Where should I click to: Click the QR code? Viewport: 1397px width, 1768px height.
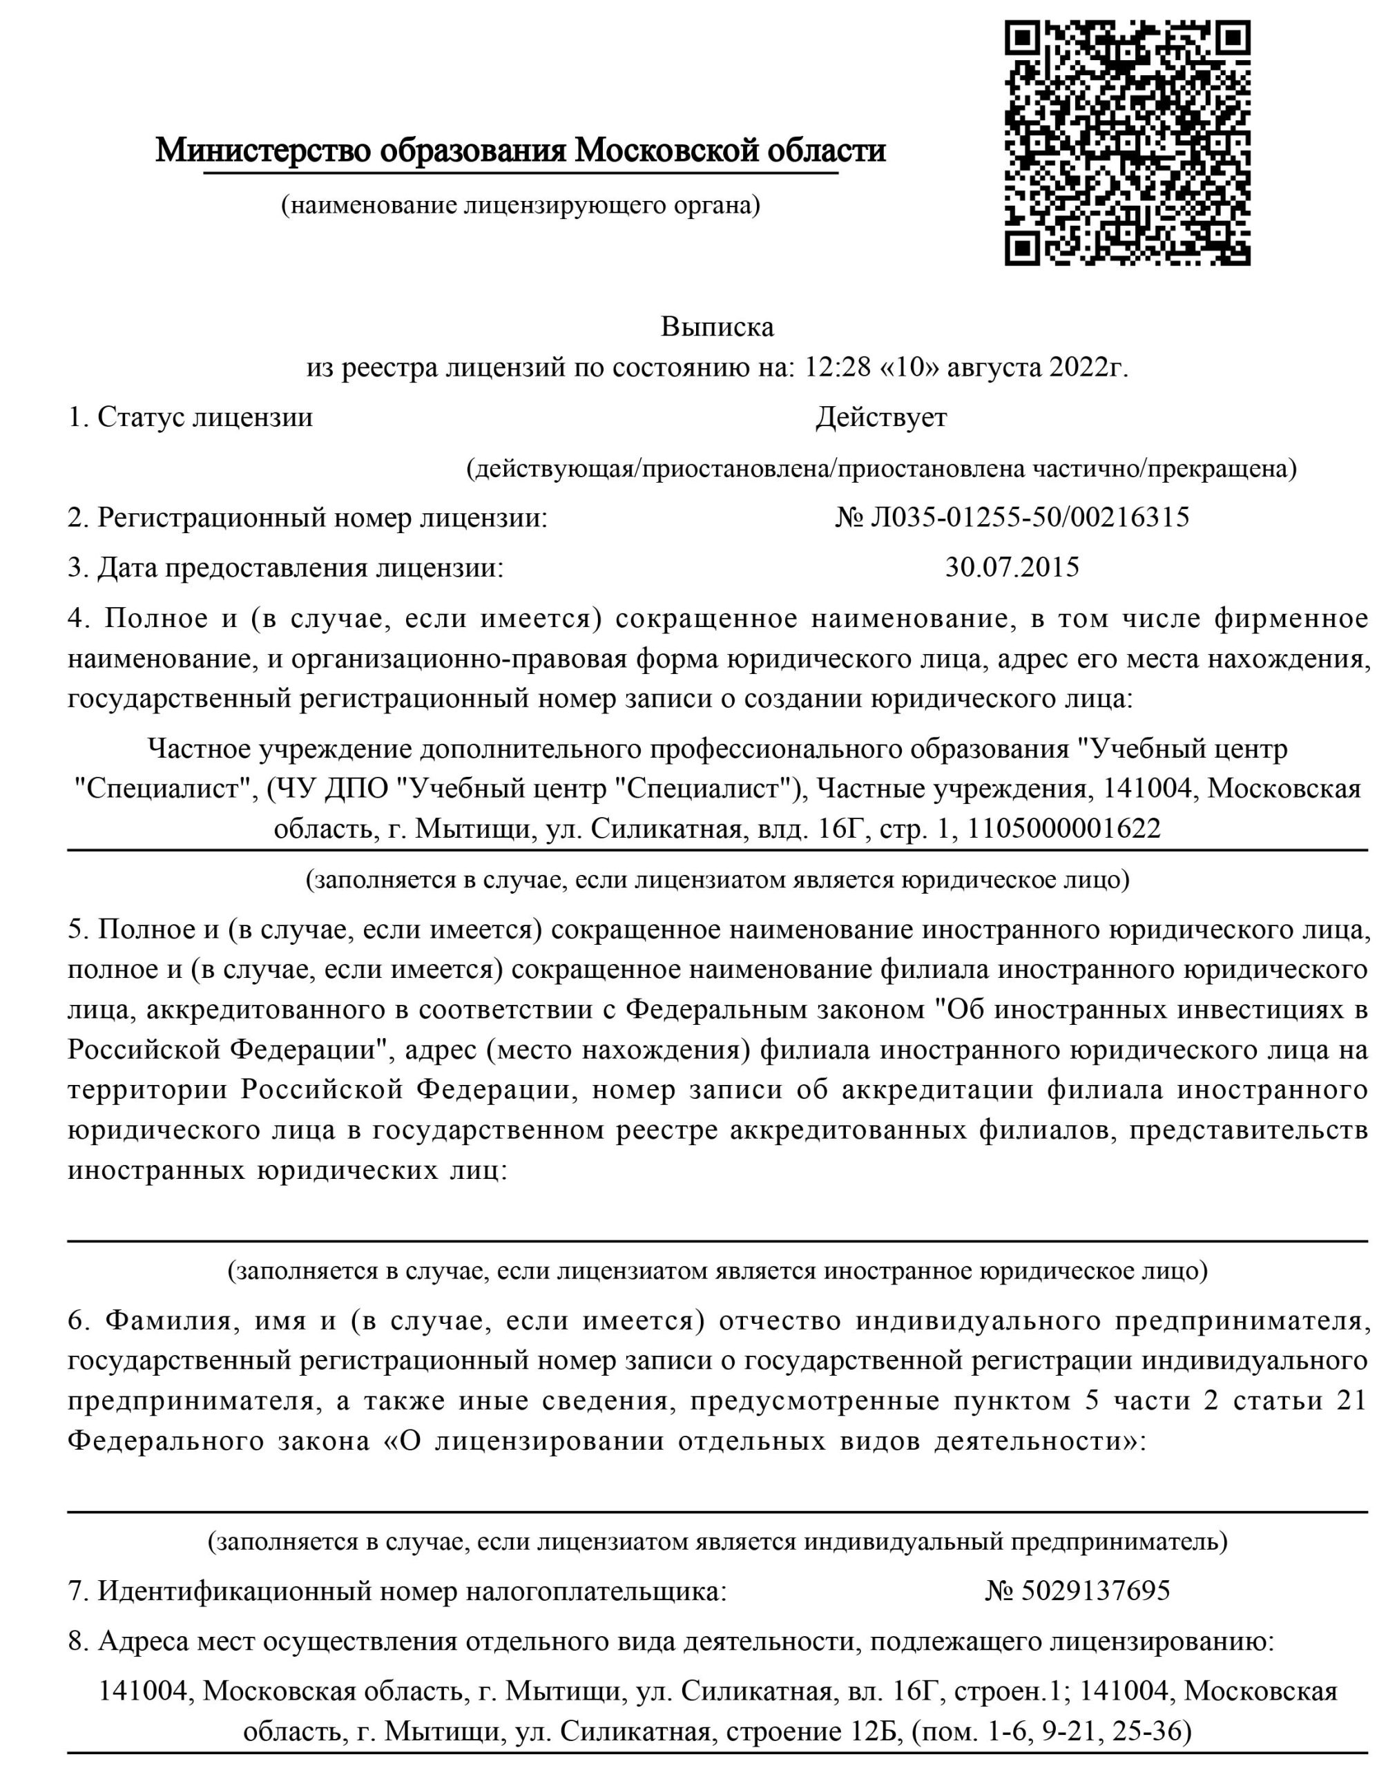pyautogui.click(x=1127, y=142)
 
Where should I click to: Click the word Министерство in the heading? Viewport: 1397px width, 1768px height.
pyautogui.click(x=263, y=151)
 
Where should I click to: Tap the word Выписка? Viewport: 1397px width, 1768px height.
pyautogui.click(x=717, y=327)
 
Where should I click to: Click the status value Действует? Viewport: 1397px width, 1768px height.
pyautogui.click(x=881, y=418)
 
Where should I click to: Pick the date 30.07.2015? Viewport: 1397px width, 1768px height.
pyautogui.click(x=1012, y=567)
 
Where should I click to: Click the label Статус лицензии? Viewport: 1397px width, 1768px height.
pyautogui.click(x=204, y=418)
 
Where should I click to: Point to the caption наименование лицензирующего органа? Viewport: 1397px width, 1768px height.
pyautogui.click(x=521, y=205)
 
